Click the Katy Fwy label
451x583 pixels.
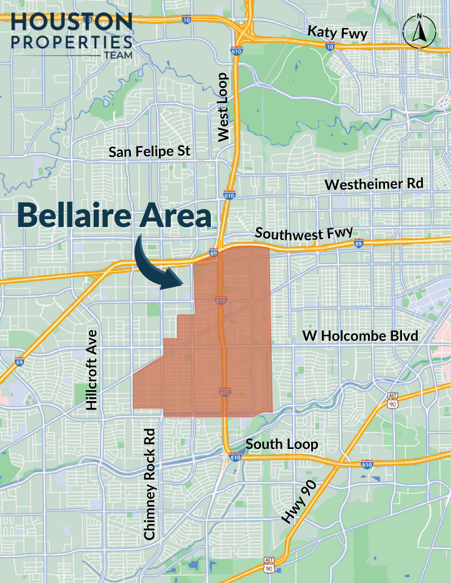click(x=337, y=33)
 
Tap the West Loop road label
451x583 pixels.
click(x=224, y=107)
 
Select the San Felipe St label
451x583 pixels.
click(x=150, y=152)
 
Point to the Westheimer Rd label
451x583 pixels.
click(x=374, y=184)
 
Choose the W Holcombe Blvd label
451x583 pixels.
click(x=360, y=336)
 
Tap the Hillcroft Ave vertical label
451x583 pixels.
click(x=92, y=370)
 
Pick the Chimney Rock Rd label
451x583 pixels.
click(x=149, y=482)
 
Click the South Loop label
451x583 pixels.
click(x=282, y=444)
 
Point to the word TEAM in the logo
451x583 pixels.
click(x=117, y=56)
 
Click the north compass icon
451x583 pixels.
click(x=418, y=32)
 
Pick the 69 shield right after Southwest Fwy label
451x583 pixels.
click(x=359, y=244)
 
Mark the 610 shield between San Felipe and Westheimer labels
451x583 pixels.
click(x=229, y=195)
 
